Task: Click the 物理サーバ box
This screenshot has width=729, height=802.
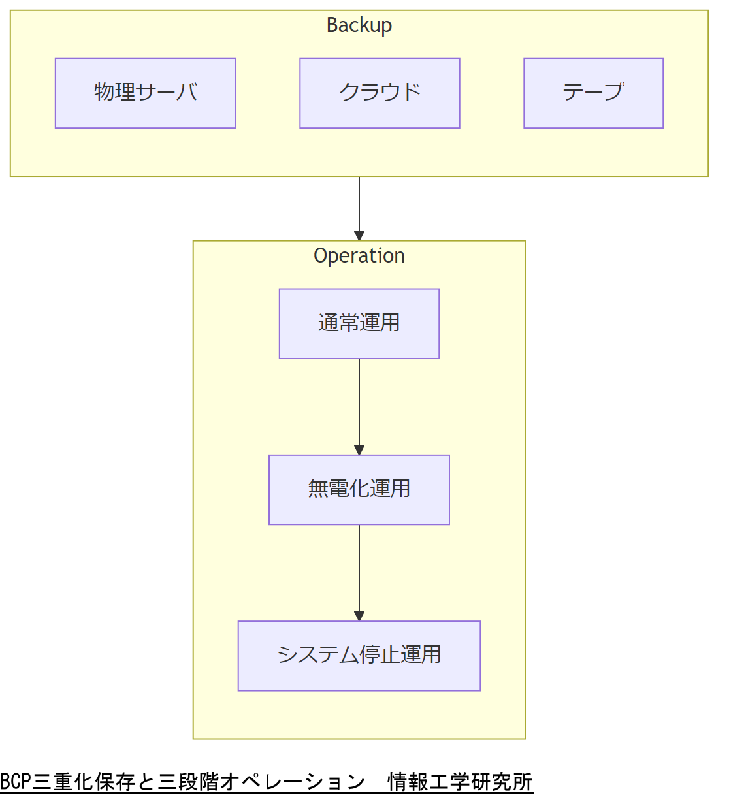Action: coord(145,93)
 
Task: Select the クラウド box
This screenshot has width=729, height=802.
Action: coord(380,93)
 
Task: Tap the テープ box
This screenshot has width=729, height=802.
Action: coord(593,93)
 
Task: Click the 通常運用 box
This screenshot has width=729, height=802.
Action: coord(359,323)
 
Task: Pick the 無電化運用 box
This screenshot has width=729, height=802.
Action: coord(359,489)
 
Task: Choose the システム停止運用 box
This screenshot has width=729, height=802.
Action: coord(359,655)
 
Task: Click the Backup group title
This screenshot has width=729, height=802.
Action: coord(359,25)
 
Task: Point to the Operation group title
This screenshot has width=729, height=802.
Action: coord(359,255)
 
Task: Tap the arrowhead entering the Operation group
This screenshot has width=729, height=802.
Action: coord(359,236)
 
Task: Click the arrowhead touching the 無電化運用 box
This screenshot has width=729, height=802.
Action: coord(359,450)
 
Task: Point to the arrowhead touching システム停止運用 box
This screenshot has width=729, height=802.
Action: coord(359,616)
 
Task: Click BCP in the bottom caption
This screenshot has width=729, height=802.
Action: coord(16,782)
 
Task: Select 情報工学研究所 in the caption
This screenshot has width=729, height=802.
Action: coord(460,782)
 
